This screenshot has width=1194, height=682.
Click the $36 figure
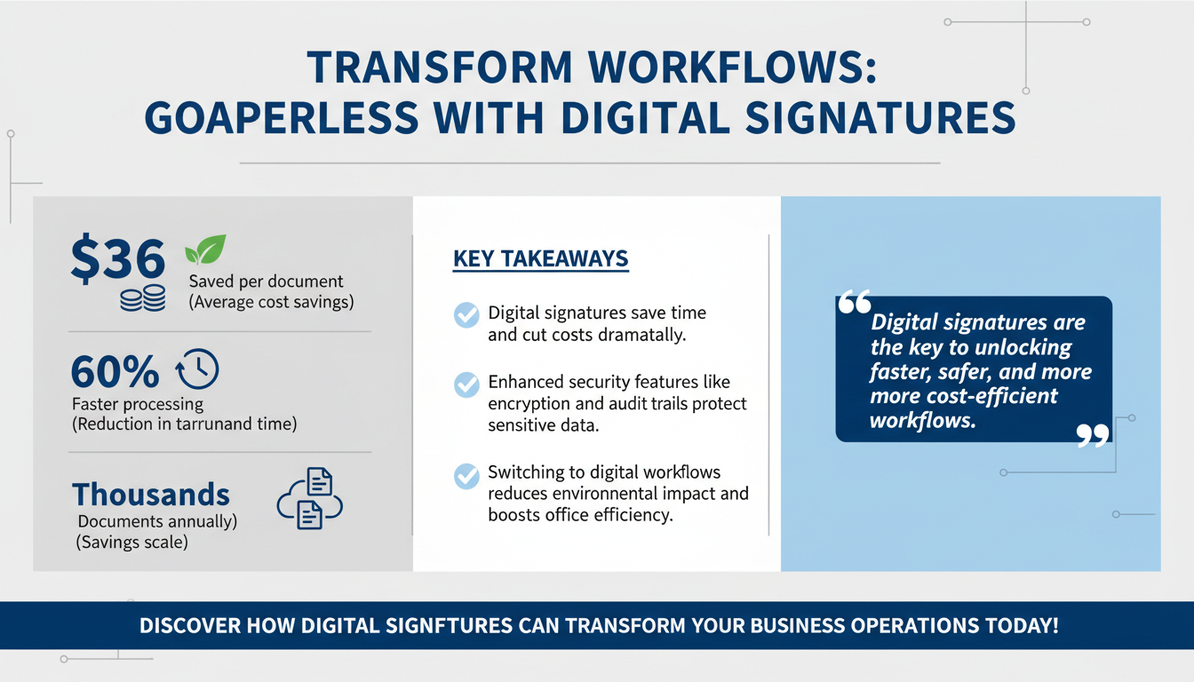coord(117,260)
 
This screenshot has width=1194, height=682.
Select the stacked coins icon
coord(142,298)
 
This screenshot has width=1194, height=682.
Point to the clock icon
coord(197,369)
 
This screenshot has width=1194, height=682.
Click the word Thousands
coord(151,494)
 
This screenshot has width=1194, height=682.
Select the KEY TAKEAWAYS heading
coord(540,259)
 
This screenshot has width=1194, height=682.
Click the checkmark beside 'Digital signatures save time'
coord(466,315)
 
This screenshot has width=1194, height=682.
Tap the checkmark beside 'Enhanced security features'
coord(466,385)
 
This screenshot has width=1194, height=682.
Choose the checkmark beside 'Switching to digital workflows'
coord(466,475)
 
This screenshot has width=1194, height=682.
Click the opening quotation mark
coord(855,305)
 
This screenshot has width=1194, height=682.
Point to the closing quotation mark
coord(1093,434)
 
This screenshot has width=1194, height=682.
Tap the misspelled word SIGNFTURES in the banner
coord(450,625)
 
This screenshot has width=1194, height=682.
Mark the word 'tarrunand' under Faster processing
coord(219,424)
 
